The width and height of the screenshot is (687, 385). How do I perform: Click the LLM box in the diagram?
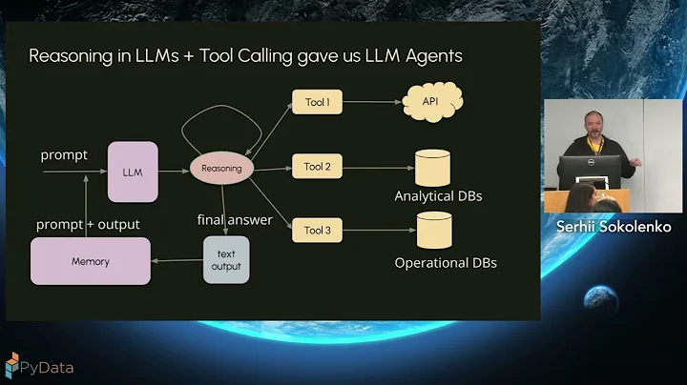tap(133, 172)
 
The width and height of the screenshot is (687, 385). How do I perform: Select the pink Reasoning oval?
tap(222, 169)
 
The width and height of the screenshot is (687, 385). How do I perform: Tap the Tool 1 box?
tap(317, 103)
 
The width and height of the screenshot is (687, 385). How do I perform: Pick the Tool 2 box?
tap(317, 167)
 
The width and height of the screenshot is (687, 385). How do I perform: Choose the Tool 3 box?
tap(317, 230)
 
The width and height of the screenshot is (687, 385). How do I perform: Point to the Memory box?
tap(91, 261)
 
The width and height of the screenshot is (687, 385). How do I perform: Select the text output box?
tap(226, 260)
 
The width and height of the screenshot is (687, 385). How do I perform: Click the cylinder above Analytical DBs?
tap(432, 168)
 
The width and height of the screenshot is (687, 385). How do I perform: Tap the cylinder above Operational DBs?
tap(432, 231)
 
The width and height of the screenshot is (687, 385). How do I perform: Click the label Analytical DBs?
tap(438, 197)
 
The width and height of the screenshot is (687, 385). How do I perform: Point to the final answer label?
tap(235, 220)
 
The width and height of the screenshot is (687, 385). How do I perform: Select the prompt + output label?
tap(88, 225)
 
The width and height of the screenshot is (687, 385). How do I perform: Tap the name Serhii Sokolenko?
tap(614, 227)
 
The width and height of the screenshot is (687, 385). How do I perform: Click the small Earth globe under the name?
tap(601, 299)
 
